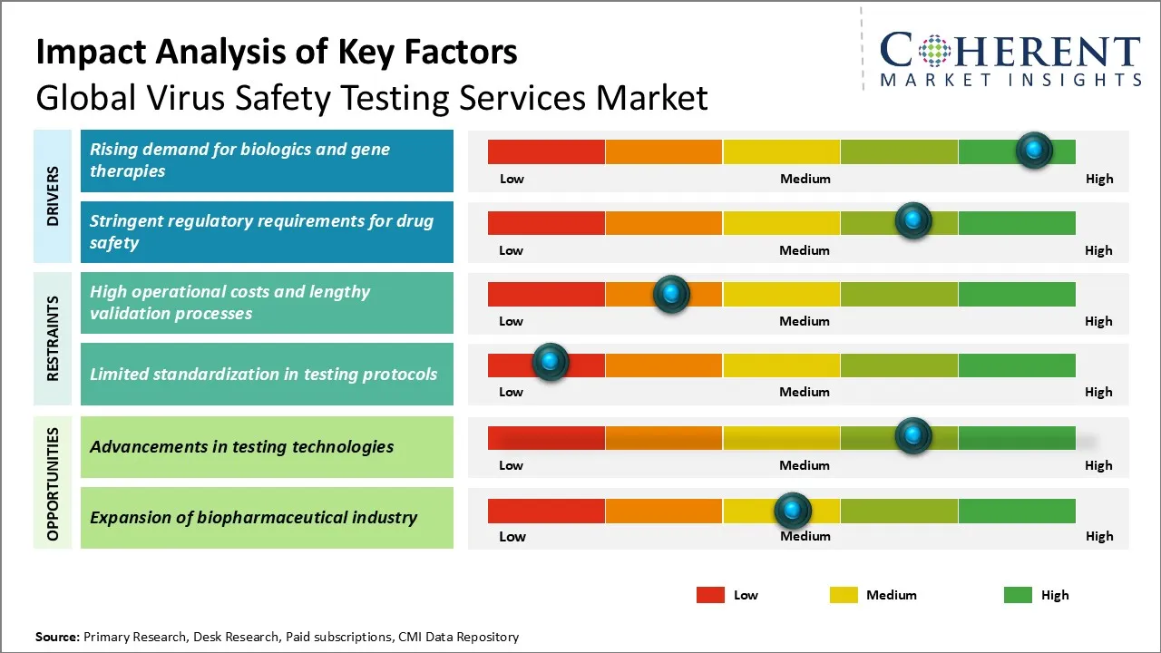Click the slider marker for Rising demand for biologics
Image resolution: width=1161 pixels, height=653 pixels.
(x=1034, y=151)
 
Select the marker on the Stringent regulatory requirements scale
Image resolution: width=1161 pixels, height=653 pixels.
(x=913, y=221)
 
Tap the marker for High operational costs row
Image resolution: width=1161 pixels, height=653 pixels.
(x=671, y=294)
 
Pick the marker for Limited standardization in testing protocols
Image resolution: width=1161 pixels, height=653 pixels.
(x=550, y=362)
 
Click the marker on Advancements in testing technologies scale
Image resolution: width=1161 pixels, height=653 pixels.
(x=913, y=436)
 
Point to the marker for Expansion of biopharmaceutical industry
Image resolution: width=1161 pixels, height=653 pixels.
(x=793, y=511)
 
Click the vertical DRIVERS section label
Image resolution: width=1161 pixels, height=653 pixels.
(x=53, y=196)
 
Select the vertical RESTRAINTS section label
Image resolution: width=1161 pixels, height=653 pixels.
(x=53, y=338)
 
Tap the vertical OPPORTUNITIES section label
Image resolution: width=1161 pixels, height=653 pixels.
(x=53, y=483)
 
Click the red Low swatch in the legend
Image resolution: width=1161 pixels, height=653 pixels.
(x=710, y=595)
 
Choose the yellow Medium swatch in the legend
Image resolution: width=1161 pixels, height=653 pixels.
(x=844, y=595)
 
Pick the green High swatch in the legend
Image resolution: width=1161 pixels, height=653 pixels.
(x=1018, y=595)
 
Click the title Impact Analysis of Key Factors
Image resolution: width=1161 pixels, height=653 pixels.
(x=277, y=53)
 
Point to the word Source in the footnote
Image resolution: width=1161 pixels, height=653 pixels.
(x=56, y=637)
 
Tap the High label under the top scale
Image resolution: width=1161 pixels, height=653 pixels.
(x=1099, y=179)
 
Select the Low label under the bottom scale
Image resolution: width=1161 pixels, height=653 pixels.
(x=512, y=536)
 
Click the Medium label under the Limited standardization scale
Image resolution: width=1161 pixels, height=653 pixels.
(x=805, y=392)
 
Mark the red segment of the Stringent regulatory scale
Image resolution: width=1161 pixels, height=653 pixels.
(x=546, y=223)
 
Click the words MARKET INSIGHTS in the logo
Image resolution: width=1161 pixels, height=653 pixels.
(x=1010, y=81)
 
